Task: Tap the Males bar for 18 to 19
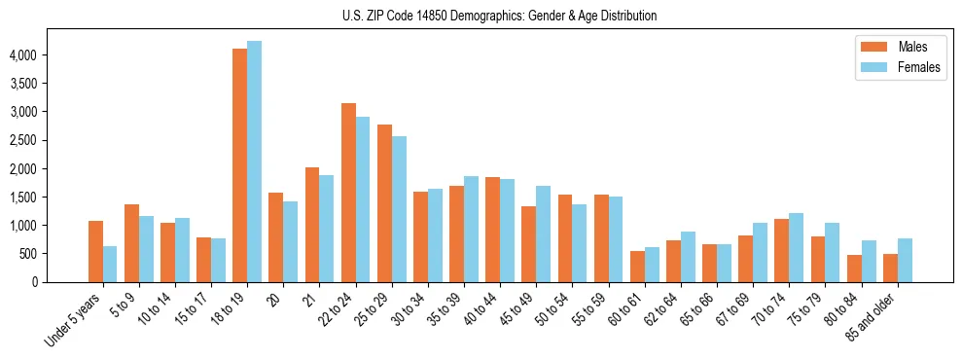coord(239,165)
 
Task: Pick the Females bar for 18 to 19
coord(254,162)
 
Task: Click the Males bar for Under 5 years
coord(95,251)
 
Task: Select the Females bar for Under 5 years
coord(110,264)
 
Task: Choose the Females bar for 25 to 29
coord(399,209)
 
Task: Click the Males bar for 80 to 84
coord(854,269)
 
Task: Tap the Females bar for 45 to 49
coord(543,234)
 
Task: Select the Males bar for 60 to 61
coord(637,267)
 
